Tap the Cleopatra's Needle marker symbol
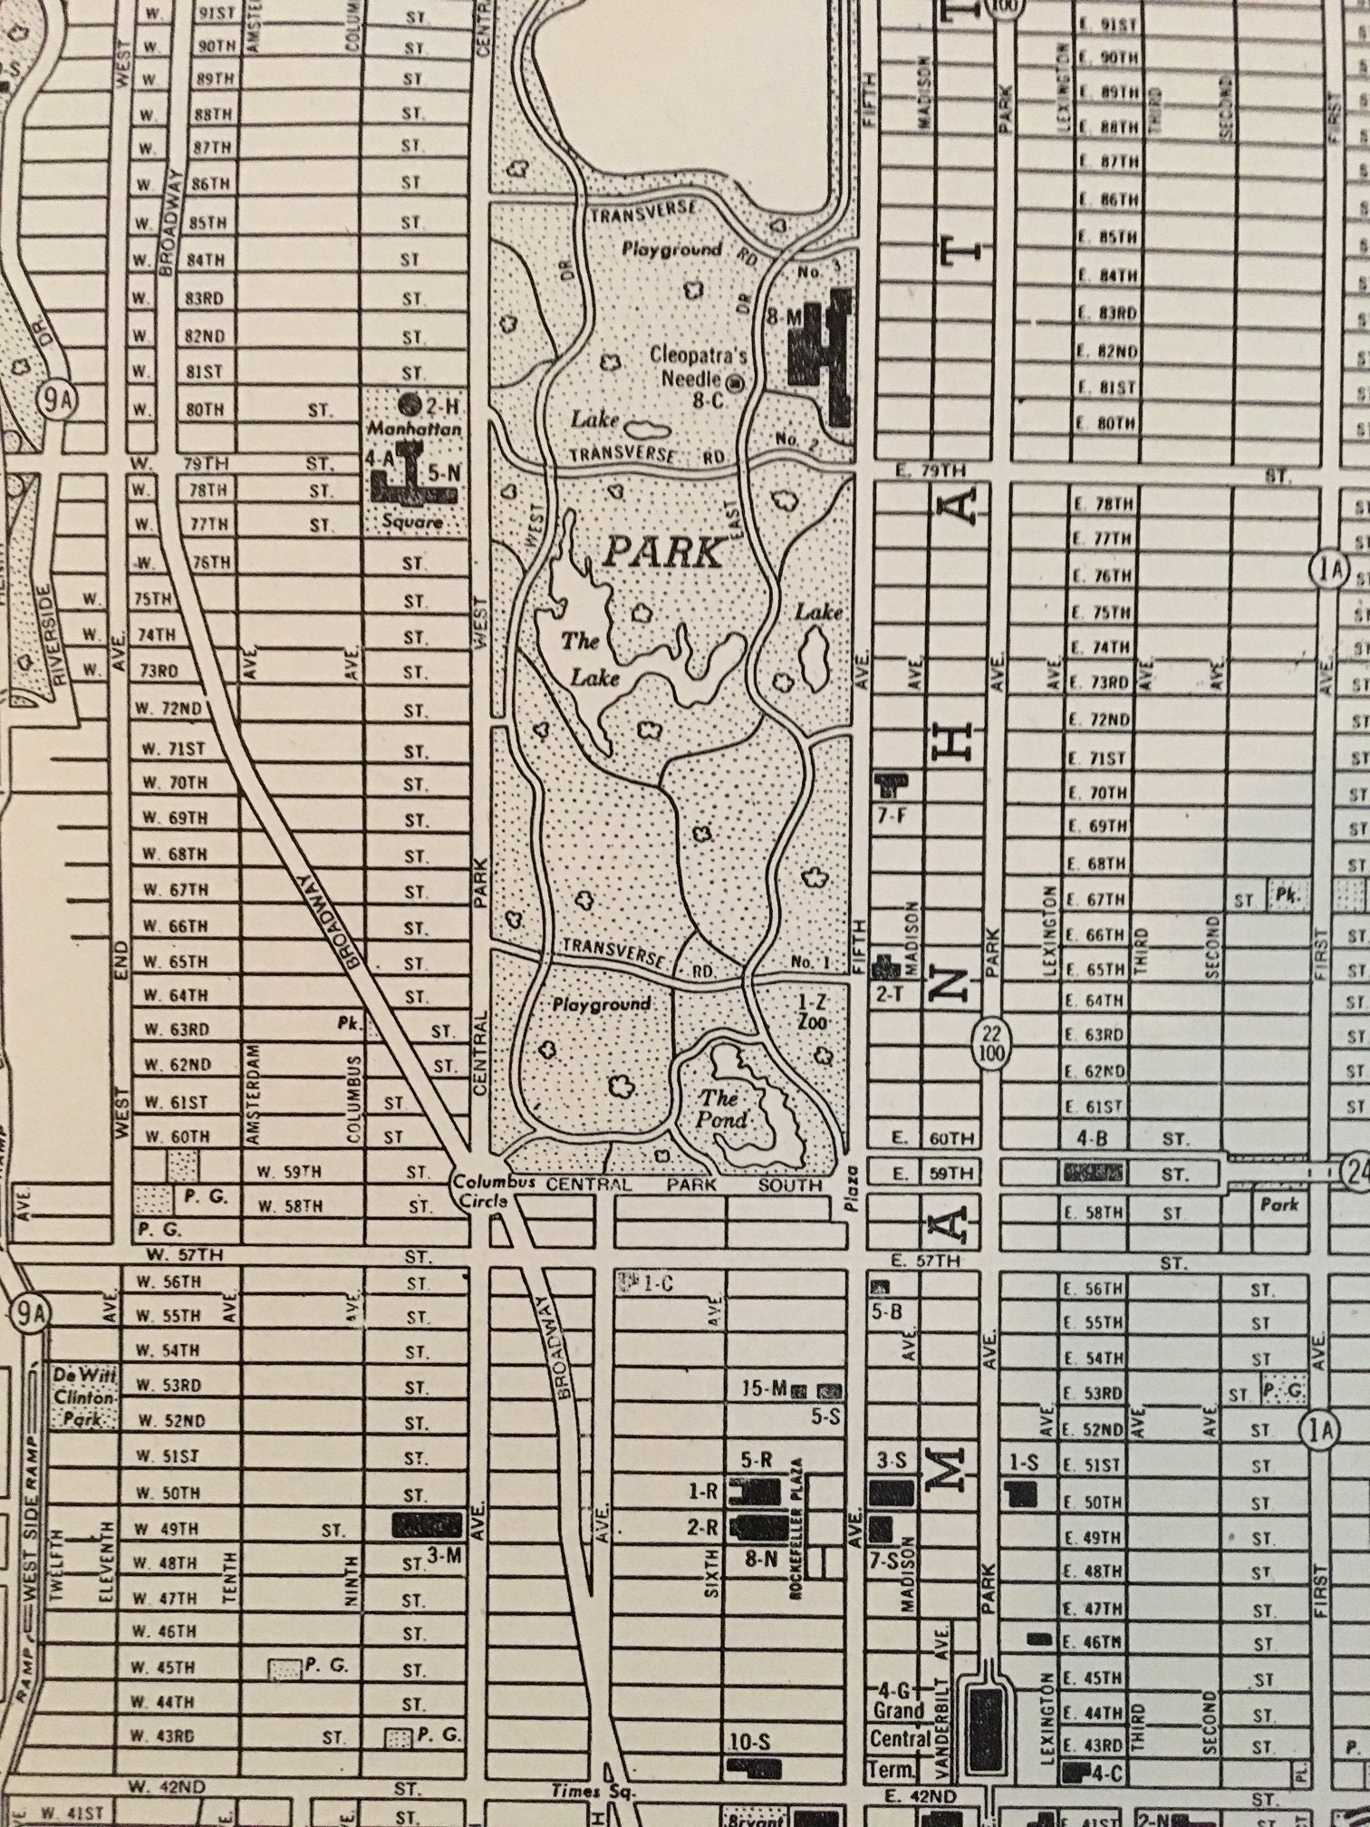[x=736, y=382]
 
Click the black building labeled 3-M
[x=427, y=1525]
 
